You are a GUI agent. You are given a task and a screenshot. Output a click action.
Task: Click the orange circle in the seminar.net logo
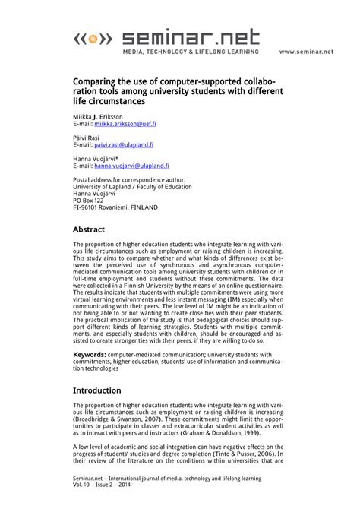[x=91, y=37]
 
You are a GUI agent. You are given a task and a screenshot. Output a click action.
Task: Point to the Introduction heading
[x=102, y=390]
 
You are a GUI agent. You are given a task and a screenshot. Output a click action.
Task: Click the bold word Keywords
[x=89, y=354]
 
